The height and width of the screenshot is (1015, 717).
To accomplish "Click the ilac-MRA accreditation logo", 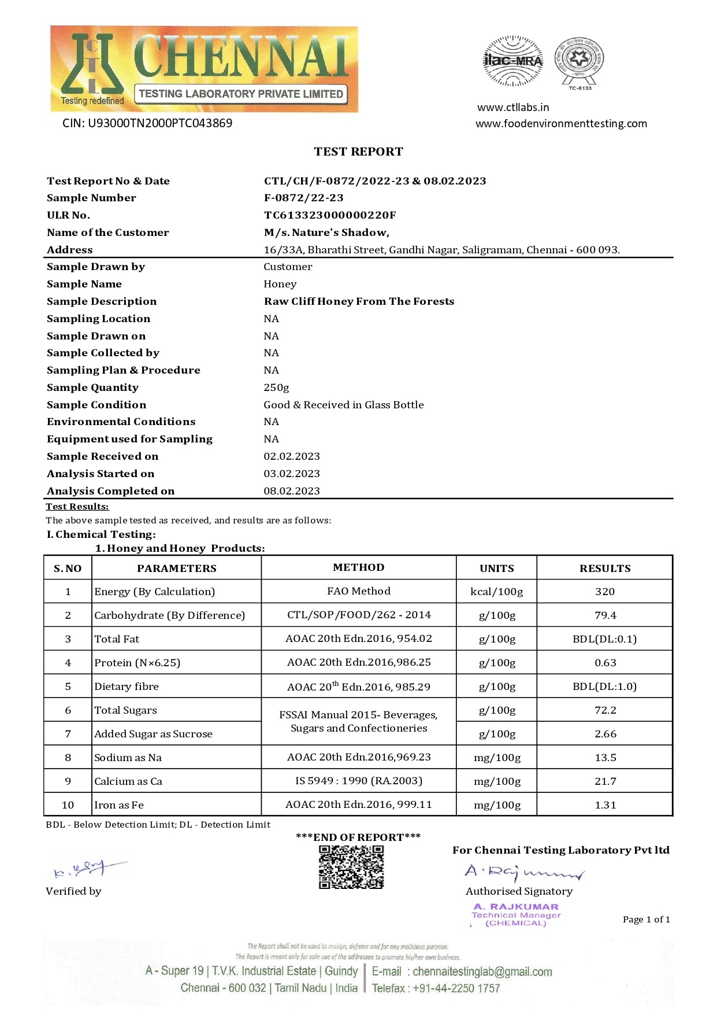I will [x=512, y=61].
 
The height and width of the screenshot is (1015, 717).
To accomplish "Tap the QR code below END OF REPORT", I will [x=351, y=866].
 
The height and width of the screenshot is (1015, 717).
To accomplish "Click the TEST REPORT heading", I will [x=358, y=152].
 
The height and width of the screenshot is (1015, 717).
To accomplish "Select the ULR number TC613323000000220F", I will [x=330, y=215].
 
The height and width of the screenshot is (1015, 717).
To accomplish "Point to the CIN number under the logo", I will [x=147, y=123].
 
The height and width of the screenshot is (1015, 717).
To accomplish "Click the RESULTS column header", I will [x=605, y=568].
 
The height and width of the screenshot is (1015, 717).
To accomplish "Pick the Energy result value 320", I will [x=605, y=592].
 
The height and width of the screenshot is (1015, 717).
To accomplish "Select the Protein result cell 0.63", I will [x=605, y=663].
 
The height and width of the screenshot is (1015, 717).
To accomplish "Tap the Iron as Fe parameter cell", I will [x=119, y=805].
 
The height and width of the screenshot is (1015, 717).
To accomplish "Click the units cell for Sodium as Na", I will [x=497, y=758].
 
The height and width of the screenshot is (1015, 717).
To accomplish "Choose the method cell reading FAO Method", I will [x=358, y=591].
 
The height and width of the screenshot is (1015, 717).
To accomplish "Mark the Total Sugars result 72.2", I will [x=605, y=710].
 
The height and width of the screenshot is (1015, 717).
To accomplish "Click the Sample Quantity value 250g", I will [x=276, y=387].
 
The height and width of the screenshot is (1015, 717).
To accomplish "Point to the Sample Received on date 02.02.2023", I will [x=292, y=456].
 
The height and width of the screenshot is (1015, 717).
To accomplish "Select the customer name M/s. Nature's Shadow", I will [x=326, y=232].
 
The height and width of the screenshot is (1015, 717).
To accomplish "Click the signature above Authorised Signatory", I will [x=523, y=872].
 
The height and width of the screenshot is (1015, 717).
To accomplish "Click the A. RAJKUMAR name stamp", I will [x=516, y=907].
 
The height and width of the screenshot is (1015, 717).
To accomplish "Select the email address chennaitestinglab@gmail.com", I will [x=482, y=972].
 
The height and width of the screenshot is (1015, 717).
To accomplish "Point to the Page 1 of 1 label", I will [x=646, y=920].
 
